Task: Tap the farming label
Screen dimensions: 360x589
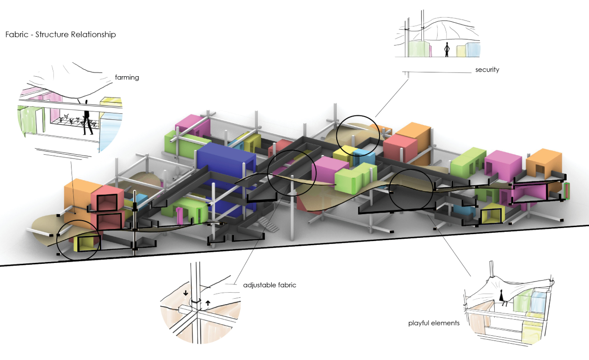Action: click(127, 78)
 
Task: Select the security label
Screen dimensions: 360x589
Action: click(487, 70)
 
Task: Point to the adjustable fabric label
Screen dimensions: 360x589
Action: click(269, 285)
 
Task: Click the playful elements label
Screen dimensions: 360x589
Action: click(434, 323)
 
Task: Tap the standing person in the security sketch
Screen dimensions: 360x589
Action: click(447, 49)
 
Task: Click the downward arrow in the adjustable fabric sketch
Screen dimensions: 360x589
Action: click(186, 293)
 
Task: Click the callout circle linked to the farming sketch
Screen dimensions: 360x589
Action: click(79, 240)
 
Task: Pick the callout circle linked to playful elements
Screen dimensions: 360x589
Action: click(411, 191)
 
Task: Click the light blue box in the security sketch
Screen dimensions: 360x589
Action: click(473, 49)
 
